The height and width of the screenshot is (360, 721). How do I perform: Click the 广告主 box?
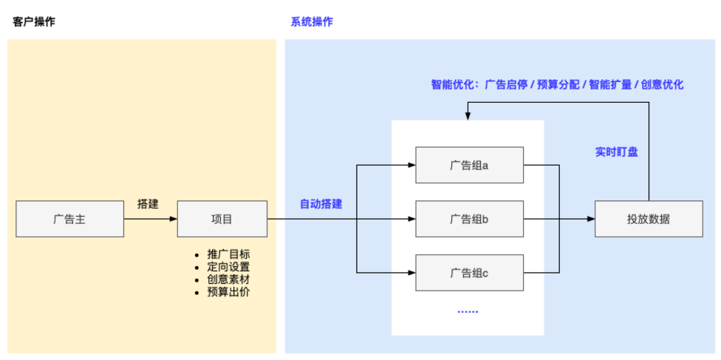point(70,219)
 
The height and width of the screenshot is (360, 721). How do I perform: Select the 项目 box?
point(222,219)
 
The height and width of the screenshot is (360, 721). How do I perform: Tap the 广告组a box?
point(469,165)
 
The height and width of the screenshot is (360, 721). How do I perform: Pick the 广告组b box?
point(469,219)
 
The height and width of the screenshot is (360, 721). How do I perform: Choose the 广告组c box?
point(469,273)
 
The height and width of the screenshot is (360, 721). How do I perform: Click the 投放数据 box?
point(649,219)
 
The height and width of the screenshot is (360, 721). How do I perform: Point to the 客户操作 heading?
point(34,21)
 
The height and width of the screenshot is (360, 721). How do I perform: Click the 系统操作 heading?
point(312,21)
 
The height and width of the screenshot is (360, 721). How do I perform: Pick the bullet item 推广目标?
point(228,254)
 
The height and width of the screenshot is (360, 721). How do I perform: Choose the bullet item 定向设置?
point(228,267)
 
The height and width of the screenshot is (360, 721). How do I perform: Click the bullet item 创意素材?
point(228,279)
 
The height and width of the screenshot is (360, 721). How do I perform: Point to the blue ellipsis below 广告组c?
point(468,311)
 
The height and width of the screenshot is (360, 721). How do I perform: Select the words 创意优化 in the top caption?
point(662,85)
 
